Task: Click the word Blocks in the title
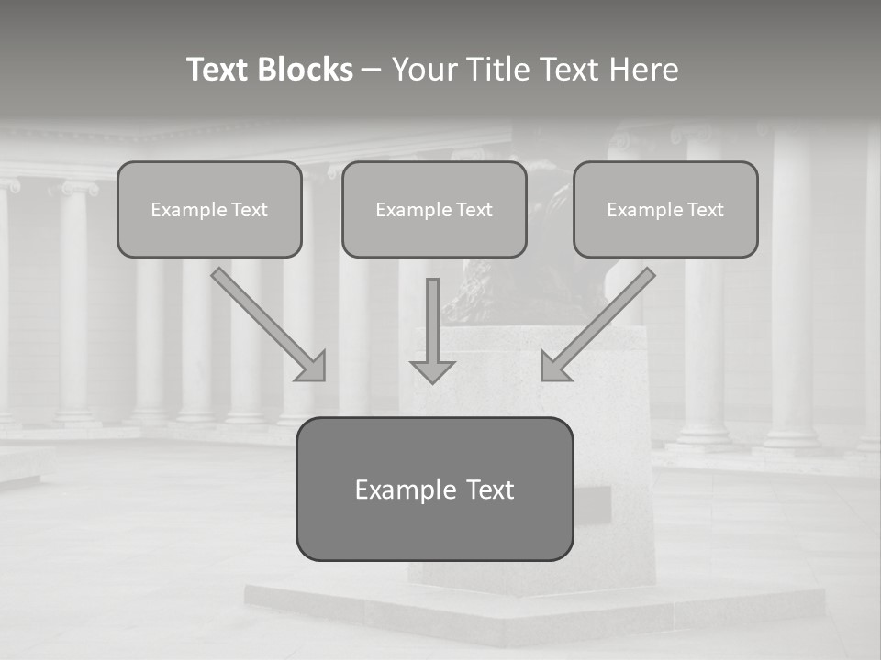(306, 70)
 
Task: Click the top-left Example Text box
(209, 210)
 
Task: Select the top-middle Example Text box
(434, 210)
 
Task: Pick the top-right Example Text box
(665, 210)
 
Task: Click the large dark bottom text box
(434, 489)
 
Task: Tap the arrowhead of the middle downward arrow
(432, 371)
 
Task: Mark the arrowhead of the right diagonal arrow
(553, 366)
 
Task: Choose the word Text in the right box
(706, 210)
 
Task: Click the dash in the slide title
(372, 70)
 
